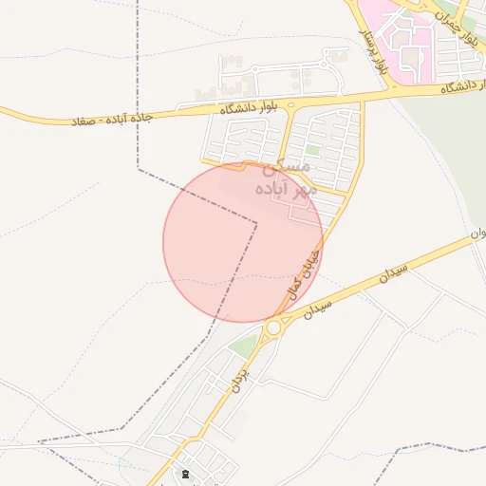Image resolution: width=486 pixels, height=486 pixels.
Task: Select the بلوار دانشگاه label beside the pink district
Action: (x=462, y=87)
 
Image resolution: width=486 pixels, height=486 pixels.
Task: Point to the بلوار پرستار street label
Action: (x=375, y=52)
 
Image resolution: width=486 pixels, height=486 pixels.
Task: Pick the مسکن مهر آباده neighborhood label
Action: (x=283, y=178)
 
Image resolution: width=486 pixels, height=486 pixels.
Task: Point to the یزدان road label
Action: (x=237, y=382)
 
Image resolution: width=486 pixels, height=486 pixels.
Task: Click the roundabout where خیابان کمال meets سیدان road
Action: (x=274, y=328)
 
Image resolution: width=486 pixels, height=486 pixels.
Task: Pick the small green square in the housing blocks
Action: (x=312, y=149)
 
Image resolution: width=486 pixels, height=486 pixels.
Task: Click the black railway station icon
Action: (x=184, y=472)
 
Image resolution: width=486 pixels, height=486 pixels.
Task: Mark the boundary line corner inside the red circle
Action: (x=256, y=224)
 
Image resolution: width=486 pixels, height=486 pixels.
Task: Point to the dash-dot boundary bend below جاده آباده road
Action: (x=139, y=170)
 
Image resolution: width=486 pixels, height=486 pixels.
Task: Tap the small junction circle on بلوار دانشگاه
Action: (x=290, y=104)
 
